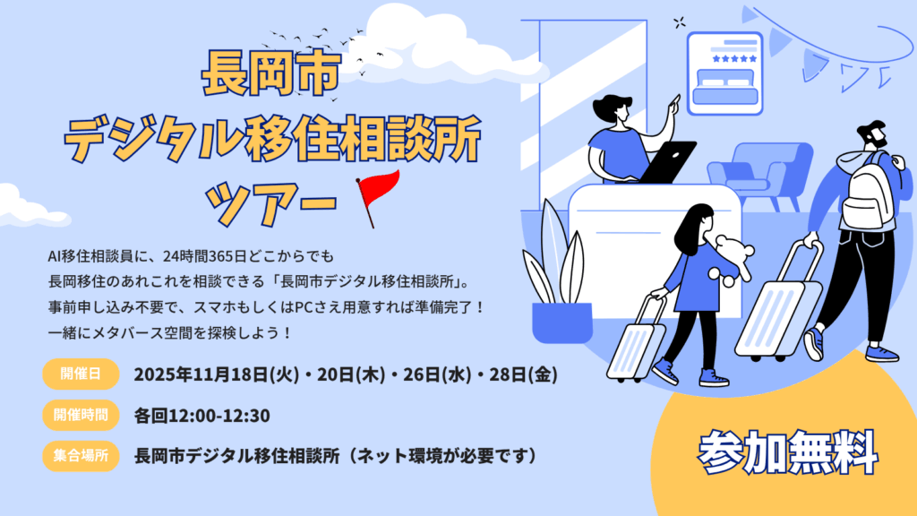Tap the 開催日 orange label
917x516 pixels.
[81, 374]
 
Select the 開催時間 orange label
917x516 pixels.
[81, 415]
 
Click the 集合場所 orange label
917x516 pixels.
[81, 456]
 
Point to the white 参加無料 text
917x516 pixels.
[787, 451]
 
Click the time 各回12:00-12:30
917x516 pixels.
[201, 416]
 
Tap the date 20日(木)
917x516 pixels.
[351, 374]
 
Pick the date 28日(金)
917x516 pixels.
[523, 374]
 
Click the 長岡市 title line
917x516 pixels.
[271, 73]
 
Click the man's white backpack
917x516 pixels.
[869, 194]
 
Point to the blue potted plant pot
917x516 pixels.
[561, 322]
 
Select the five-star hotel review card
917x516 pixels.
[725, 73]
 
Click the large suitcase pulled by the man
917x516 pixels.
[778, 305]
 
